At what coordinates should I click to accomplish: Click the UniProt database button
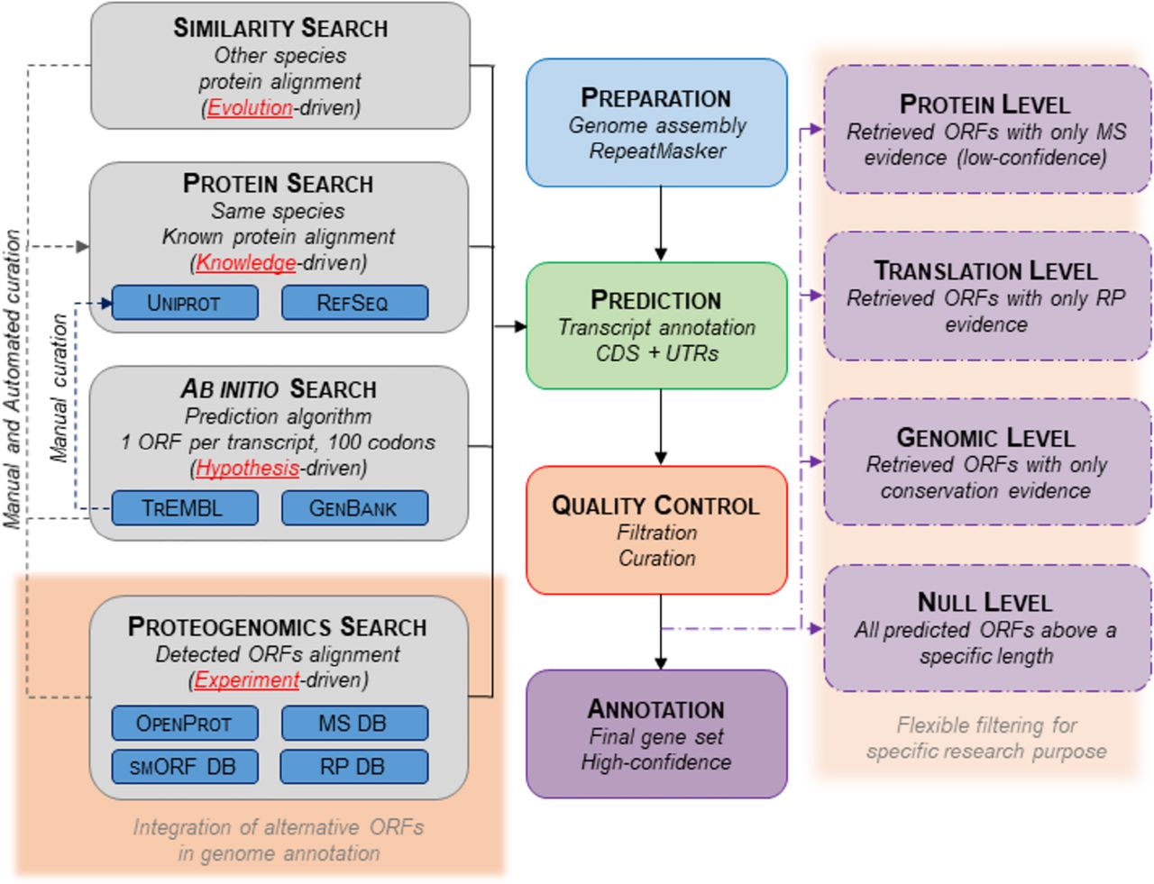(x=184, y=303)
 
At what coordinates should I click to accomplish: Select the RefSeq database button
(x=353, y=303)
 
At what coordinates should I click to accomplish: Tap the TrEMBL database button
(x=184, y=507)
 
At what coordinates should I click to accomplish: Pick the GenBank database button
(x=353, y=507)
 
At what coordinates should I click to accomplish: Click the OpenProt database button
(x=184, y=723)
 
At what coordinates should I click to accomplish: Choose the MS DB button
(x=353, y=723)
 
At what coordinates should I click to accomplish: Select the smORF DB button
(x=184, y=767)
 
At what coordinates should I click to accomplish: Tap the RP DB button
(x=353, y=767)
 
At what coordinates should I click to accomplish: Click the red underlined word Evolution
(x=250, y=107)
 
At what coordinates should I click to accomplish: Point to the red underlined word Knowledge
(x=246, y=262)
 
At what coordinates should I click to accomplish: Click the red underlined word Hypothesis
(x=247, y=468)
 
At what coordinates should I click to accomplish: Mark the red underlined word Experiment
(x=246, y=679)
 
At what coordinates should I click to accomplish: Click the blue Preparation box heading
(x=655, y=97)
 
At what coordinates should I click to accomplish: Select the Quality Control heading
(x=655, y=505)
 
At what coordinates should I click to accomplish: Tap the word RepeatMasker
(x=656, y=150)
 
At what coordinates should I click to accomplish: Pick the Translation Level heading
(x=985, y=270)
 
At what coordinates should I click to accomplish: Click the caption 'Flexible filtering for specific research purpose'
(x=986, y=738)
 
